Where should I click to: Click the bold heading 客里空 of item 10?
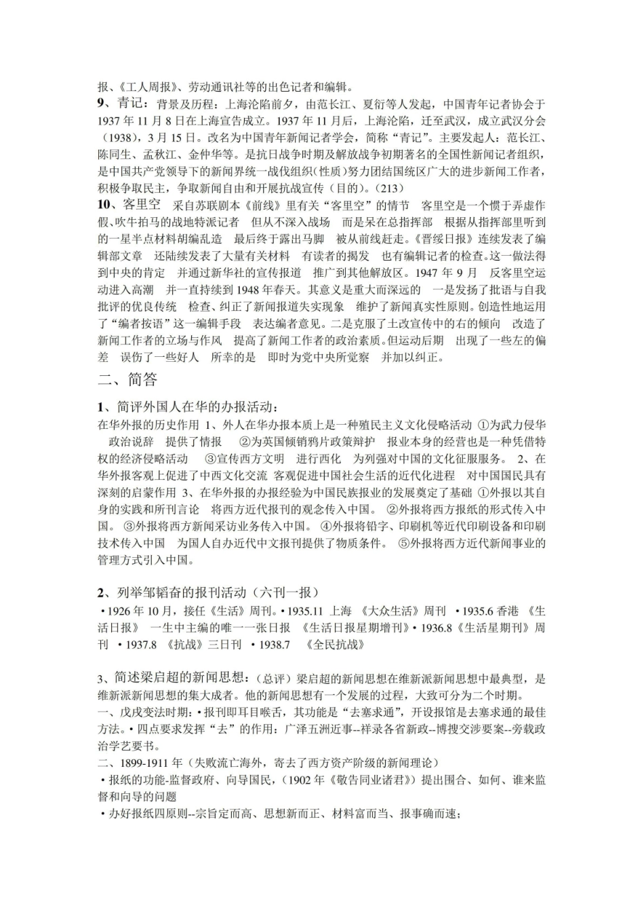coord(140,205)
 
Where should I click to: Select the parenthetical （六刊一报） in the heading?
coord(286,592)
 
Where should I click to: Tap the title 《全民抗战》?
coord(336,645)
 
